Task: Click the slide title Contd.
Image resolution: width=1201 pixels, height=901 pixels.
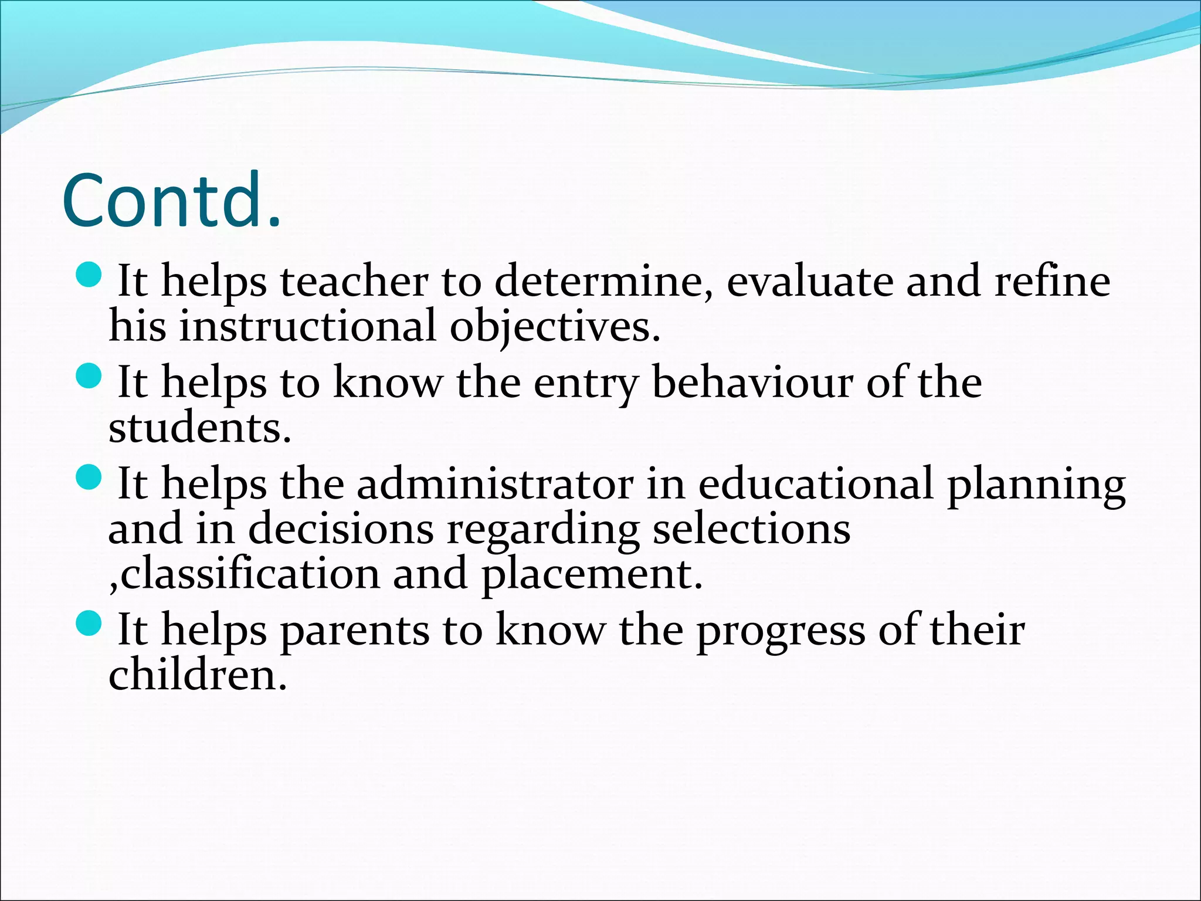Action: [171, 201]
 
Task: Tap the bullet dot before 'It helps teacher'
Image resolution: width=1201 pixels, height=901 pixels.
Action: [90, 274]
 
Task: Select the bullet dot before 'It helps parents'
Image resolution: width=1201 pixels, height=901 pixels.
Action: [90, 623]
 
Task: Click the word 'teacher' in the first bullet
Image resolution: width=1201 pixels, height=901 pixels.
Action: [354, 282]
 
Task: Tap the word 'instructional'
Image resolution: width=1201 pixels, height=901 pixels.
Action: [308, 327]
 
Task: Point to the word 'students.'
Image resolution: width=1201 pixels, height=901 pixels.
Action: [199, 428]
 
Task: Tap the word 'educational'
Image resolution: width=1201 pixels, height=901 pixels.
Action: [816, 485]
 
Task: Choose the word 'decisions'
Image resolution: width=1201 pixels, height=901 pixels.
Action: [341, 530]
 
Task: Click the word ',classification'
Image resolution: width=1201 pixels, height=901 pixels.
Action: [244, 574]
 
